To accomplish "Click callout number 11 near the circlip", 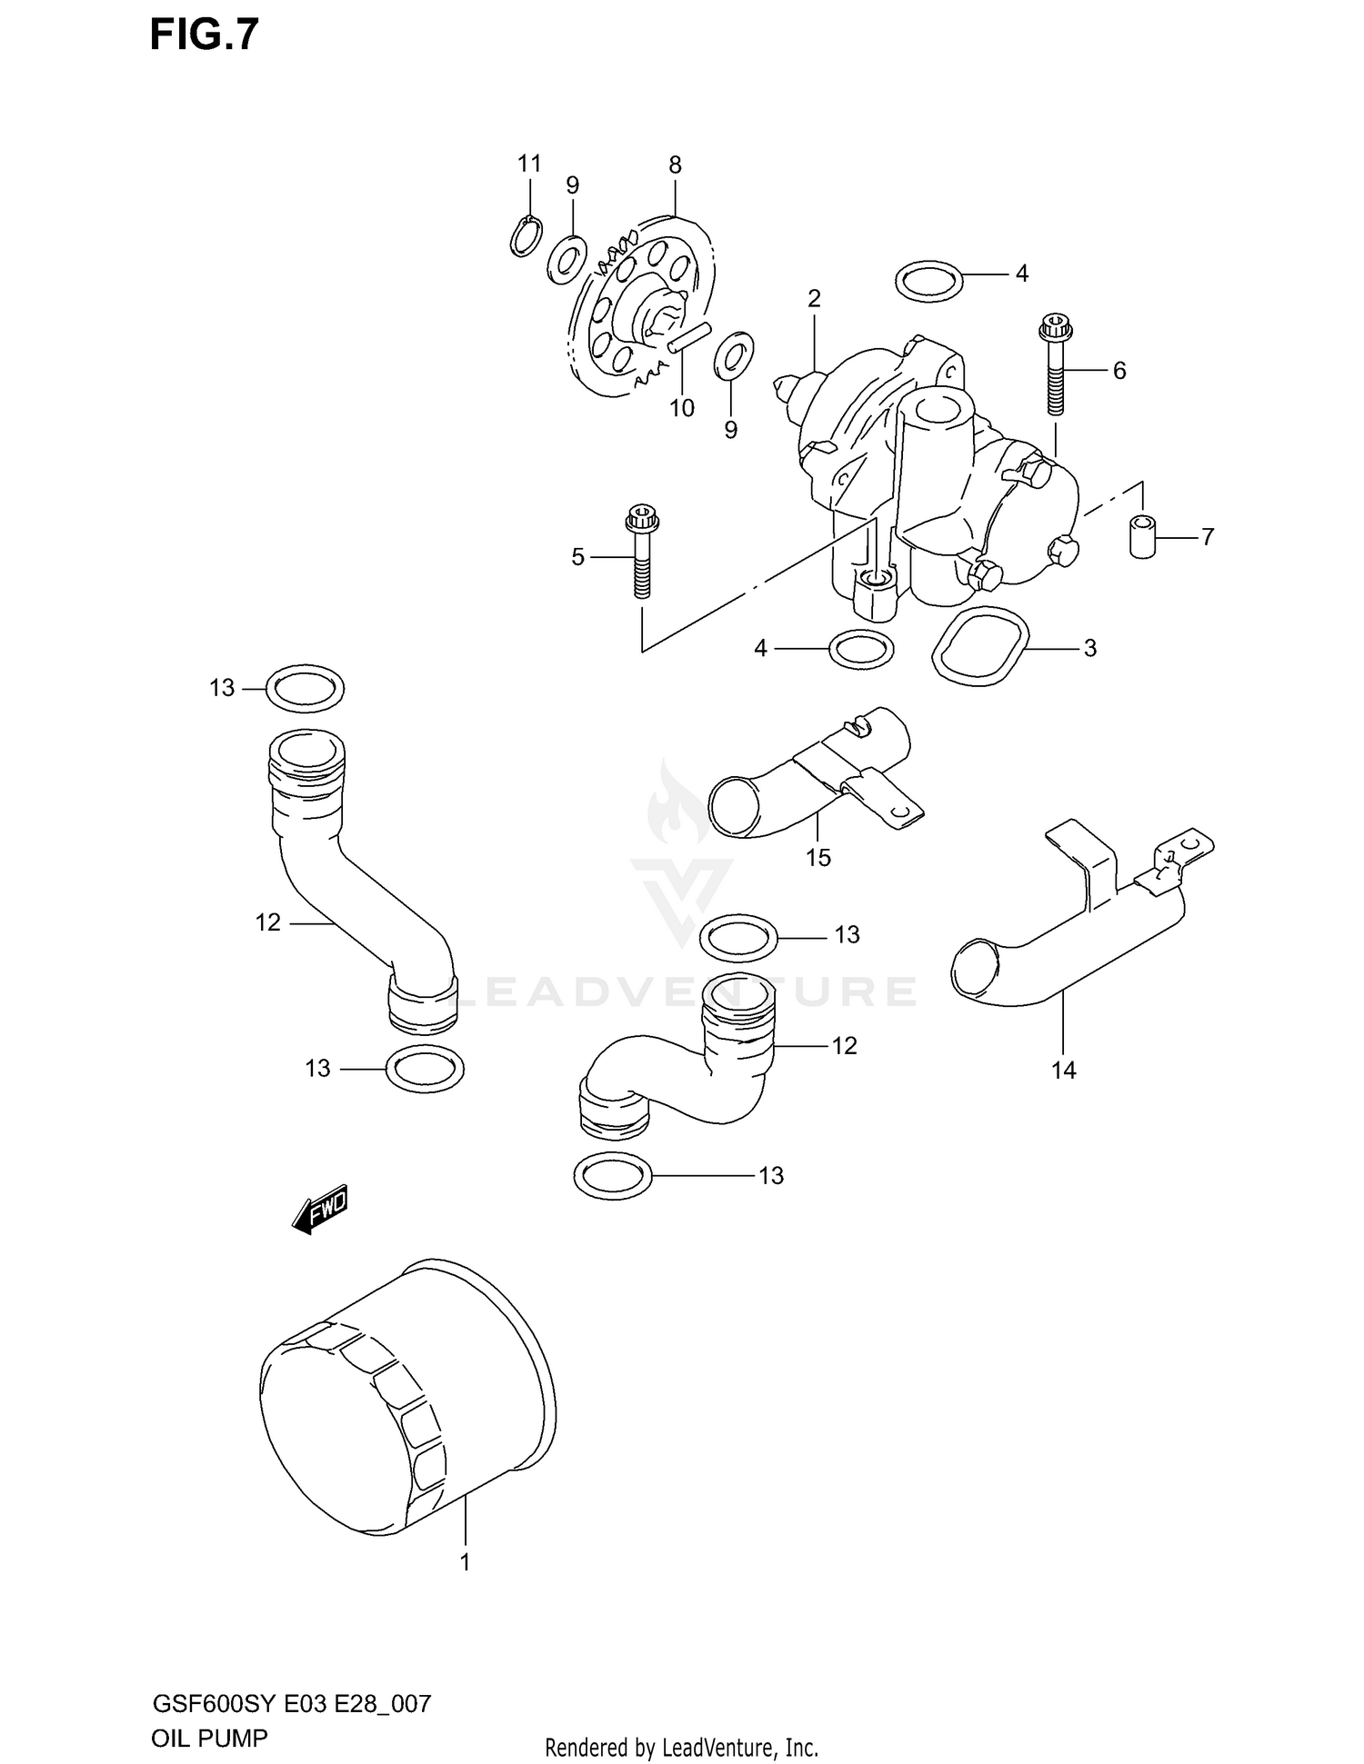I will tap(529, 164).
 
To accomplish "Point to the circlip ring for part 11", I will tap(526, 236).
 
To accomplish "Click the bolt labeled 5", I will tap(642, 554).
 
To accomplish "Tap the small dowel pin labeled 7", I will tap(1142, 536).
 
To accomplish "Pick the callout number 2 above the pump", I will tap(814, 298).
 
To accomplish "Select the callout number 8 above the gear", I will tap(675, 165).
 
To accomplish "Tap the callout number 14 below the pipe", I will tap(1063, 1071).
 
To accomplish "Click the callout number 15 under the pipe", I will tap(817, 857).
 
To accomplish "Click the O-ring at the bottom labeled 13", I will tap(614, 1176).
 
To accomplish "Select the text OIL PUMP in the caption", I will tap(210, 1739).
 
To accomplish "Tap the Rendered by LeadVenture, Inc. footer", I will tap(681, 1747).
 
